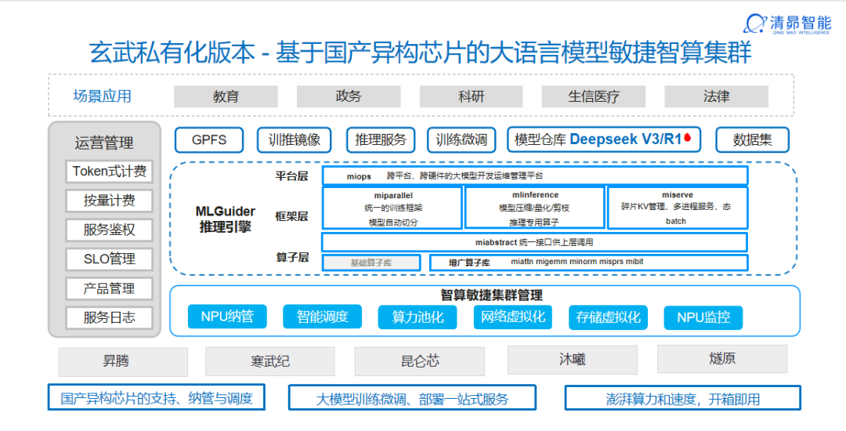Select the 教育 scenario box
pyautogui.click(x=226, y=96)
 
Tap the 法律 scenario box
pyautogui.click(x=716, y=96)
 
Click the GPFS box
pyautogui.click(x=209, y=139)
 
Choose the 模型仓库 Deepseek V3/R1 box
pyautogui.click(x=604, y=139)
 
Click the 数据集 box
pyautogui.click(x=752, y=139)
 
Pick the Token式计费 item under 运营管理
pyautogui.click(x=110, y=171)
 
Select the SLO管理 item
pyautogui.click(x=110, y=259)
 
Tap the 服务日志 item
pyautogui.click(x=110, y=317)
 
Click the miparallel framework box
pyautogui.click(x=392, y=208)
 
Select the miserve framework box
pyautogui.click(x=677, y=208)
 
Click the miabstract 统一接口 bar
pyautogui.click(x=534, y=242)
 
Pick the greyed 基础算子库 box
pyautogui.click(x=371, y=263)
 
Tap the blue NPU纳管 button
pyautogui.click(x=227, y=317)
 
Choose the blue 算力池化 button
pyautogui.click(x=418, y=317)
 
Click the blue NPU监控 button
pyautogui.click(x=703, y=317)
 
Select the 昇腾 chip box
pyautogui.click(x=123, y=361)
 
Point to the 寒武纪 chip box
pyautogui.click(x=270, y=361)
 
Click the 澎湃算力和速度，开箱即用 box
pyautogui.click(x=682, y=398)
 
